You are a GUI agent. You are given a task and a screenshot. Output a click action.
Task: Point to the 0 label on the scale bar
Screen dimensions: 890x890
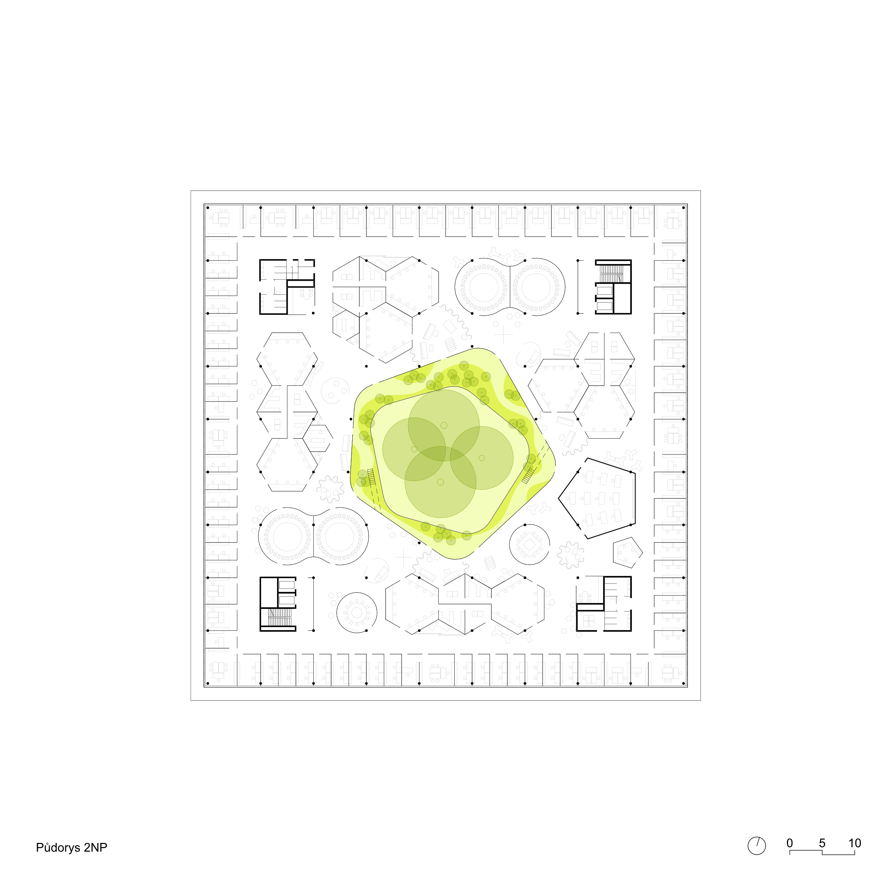coord(790,843)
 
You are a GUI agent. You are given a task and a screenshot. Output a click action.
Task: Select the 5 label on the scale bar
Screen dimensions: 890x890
coord(822,843)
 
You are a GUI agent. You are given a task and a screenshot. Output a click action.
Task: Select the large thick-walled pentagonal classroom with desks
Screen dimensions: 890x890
coord(597,498)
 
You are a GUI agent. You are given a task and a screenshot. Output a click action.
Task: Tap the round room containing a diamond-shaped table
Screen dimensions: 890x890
coord(529,544)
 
